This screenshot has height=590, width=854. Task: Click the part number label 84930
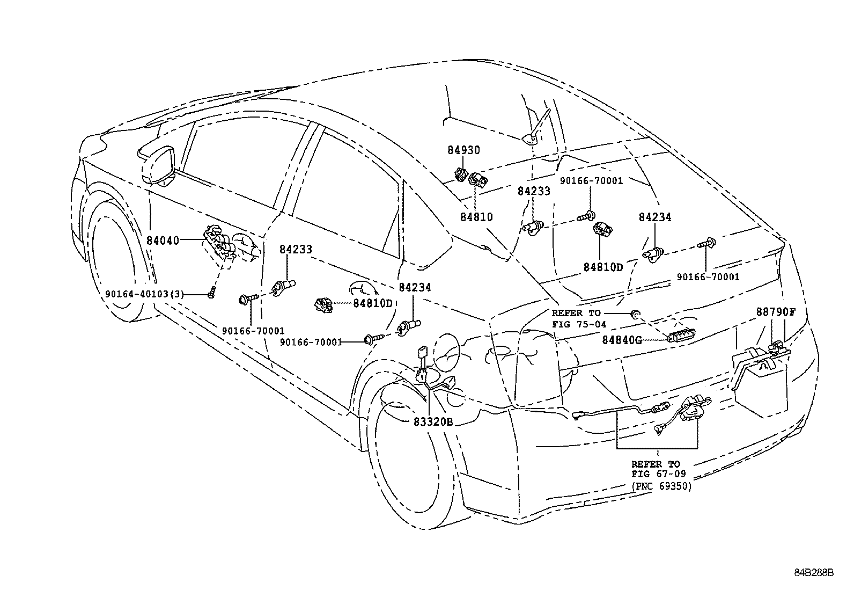(x=463, y=150)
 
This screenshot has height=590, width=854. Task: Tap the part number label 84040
(x=163, y=241)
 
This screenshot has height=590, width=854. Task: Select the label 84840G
(x=622, y=340)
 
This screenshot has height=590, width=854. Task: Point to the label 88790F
(x=776, y=312)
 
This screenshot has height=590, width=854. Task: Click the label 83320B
(x=433, y=422)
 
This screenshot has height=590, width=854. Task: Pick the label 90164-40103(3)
(x=144, y=294)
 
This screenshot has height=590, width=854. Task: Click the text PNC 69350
(x=661, y=486)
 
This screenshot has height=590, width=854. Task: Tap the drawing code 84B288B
(x=814, y=573)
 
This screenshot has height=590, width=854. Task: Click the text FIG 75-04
(x=579, y=324)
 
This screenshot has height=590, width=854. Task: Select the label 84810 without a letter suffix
(x=476, y=217)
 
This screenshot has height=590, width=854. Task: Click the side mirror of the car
(x=159, y=167)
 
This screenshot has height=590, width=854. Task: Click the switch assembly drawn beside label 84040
(x=219, y=243)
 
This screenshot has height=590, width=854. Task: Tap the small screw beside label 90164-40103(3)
(x=211, y=293)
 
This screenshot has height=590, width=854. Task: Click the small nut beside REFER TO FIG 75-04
(x=635, y=314)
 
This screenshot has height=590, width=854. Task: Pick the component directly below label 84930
(x=461, y=175)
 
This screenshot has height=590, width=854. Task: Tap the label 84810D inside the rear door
(x=372, y=303)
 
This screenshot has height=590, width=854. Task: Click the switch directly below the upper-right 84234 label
(x=654, y=254)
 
